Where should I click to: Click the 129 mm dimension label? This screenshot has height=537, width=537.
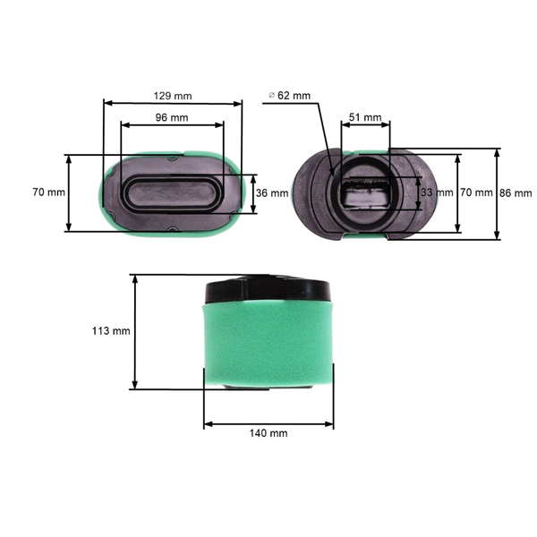(x=173, y=95)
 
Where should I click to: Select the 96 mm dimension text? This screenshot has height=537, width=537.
(x=173, y=117)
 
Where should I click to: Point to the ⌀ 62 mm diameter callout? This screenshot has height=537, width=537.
(x=289, y=95)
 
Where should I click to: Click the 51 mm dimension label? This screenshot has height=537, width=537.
(x=364, y=117)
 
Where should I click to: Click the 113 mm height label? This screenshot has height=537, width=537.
(x=111, y=330)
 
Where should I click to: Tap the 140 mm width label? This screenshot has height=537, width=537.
(x=268, y=432)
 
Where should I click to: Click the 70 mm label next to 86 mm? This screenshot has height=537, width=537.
(x=476, y=192)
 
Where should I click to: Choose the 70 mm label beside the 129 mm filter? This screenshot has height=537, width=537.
(x=49, y=192)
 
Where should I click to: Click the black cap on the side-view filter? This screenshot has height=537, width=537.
(x=268, y=289)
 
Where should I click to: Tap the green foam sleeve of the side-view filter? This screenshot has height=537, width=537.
(x=268, y=345)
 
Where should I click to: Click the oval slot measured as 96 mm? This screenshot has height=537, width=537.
(x=173, y=192)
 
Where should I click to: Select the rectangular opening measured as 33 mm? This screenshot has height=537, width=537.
(x=364, y=192)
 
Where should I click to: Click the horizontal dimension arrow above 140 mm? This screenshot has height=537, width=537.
(x=268, y=422)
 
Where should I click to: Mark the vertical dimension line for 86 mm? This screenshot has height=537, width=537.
(x=498, y=192)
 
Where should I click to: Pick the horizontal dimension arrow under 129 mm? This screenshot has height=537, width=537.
(x=173, y=103)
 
